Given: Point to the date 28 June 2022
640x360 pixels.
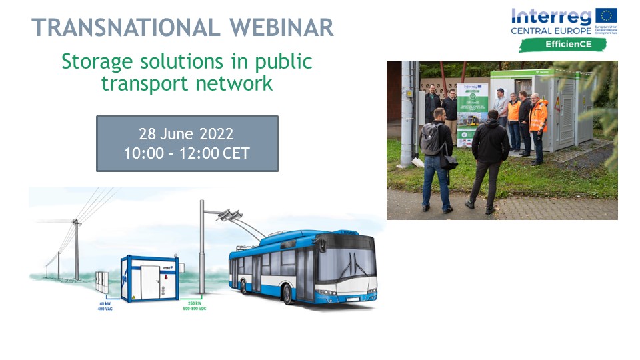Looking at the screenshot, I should click(187, 133).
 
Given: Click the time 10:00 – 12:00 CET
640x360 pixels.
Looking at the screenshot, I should click(187, 153).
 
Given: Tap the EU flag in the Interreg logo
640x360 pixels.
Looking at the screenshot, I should click(606, 17).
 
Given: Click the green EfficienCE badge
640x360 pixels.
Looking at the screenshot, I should click(563, 45).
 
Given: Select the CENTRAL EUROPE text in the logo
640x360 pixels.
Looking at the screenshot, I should click(551, 31).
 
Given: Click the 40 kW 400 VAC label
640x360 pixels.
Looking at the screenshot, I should click(104, 306).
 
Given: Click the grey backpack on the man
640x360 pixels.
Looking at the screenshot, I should click(430, 139).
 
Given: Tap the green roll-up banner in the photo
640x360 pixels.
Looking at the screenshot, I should click(473, 113).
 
